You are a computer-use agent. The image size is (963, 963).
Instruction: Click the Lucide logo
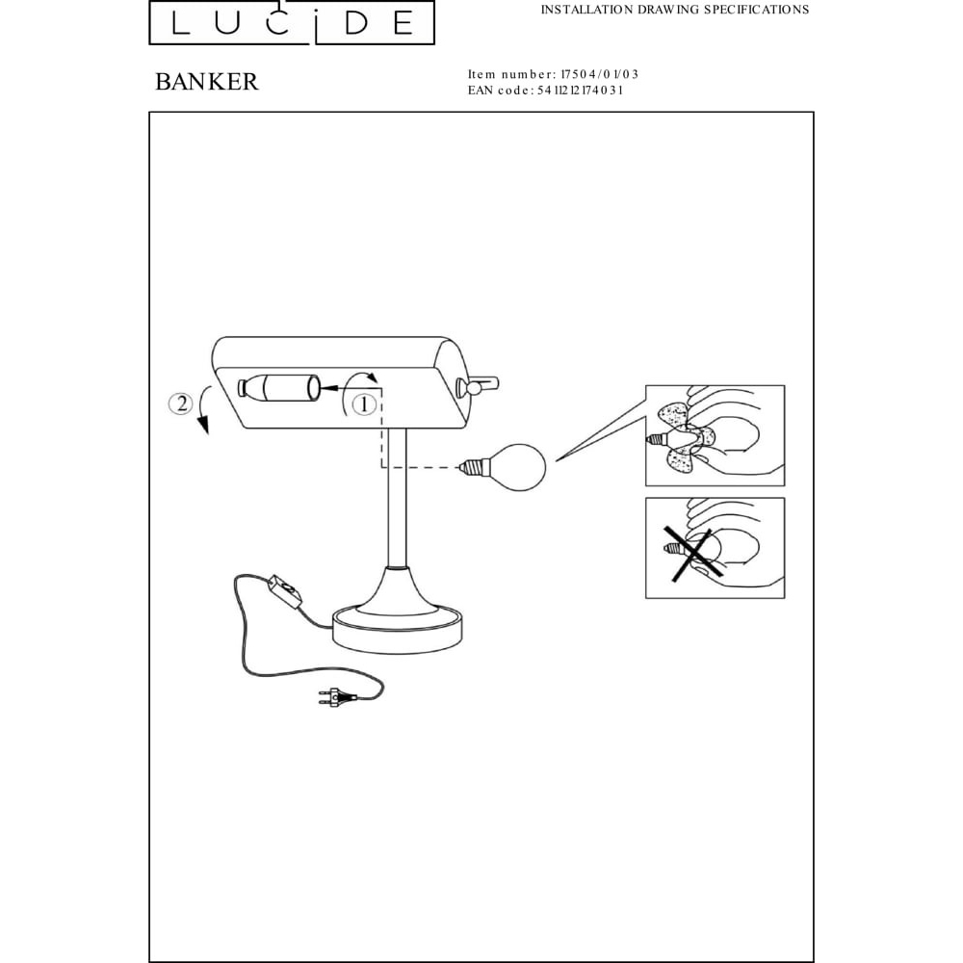(292, 23)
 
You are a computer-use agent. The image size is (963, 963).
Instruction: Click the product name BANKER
(206, 82)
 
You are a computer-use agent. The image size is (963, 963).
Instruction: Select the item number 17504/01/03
(599, 74)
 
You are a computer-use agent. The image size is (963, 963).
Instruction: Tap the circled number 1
(364, 404)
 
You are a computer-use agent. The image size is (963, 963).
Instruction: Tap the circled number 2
(181, 403)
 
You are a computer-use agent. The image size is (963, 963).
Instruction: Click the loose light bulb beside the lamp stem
(503, 468)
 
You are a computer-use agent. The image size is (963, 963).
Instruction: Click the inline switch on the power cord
(285, 591)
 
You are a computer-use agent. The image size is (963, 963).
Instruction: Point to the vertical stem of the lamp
(396, 498)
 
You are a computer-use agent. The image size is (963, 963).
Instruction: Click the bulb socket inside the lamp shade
(279, 388)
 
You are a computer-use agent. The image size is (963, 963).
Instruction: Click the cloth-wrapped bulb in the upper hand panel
(685, 437)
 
